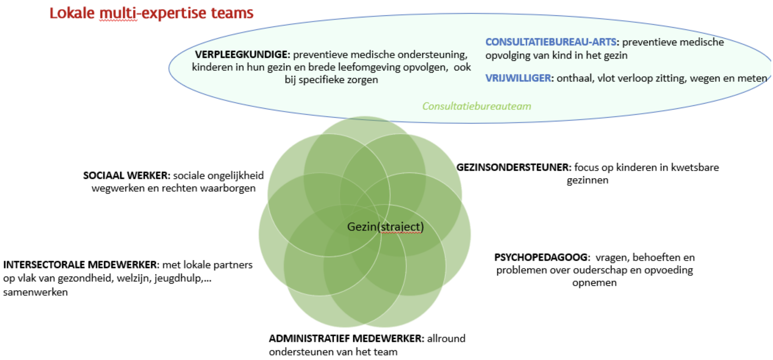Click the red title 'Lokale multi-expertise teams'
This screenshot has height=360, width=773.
coord(151,13)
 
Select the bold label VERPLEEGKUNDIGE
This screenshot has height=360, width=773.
coord(242,55)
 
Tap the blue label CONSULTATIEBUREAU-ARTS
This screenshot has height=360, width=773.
coord(550,42)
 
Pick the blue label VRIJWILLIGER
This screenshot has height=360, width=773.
coord(518,78)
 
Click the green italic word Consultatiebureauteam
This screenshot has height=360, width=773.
coord(476,106)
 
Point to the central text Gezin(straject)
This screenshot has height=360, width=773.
coord(385,227)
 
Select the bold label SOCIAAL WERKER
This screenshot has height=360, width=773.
coord(126,175)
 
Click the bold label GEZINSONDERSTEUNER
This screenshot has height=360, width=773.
coord(513,167)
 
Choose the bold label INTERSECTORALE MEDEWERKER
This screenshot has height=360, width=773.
coord(80,265)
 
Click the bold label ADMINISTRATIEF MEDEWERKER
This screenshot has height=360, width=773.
coord(346,338)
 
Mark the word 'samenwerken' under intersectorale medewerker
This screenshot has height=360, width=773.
coord(35,292)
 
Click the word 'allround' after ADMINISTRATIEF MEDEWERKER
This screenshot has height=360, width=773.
coord(446,338)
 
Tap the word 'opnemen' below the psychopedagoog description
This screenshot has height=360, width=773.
coord(594,282)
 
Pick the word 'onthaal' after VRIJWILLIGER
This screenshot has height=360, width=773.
coord(575,78)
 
